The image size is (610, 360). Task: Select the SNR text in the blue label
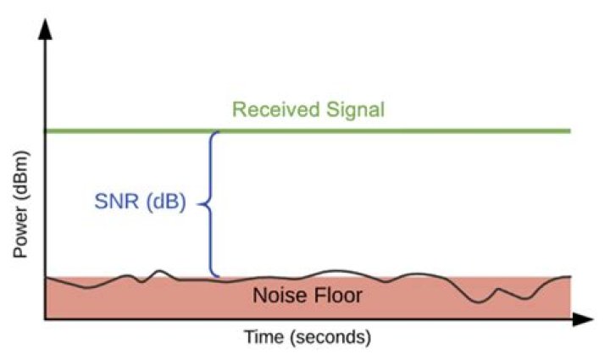[112, 204]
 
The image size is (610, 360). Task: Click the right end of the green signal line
[569, 131]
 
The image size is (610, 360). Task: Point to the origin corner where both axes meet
[46, 319]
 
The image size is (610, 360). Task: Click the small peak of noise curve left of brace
[160, 271]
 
